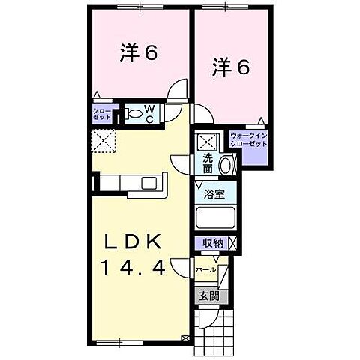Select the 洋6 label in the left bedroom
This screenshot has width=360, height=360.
[139, 53]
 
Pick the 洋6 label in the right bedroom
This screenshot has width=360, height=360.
[230, 67]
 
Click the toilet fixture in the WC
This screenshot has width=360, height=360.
[134, 114]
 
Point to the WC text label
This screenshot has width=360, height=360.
[150, 115]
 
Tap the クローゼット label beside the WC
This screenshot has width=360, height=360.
[102, 115]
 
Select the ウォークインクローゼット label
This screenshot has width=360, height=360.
[248, 139]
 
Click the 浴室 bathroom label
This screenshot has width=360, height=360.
[215, 193]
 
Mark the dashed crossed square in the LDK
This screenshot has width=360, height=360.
[103, 140]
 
